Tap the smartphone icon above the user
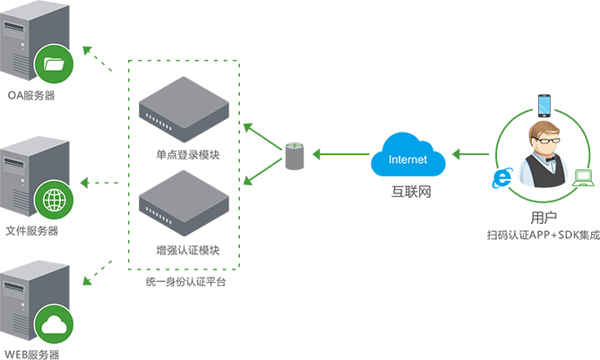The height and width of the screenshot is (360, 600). point(544,104)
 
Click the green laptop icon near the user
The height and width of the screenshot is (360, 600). point(583,177)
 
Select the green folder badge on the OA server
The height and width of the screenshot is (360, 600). point(53,64)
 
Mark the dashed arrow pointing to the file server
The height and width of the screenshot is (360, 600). point(100,184)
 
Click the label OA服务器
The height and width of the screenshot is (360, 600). point(31,94)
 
